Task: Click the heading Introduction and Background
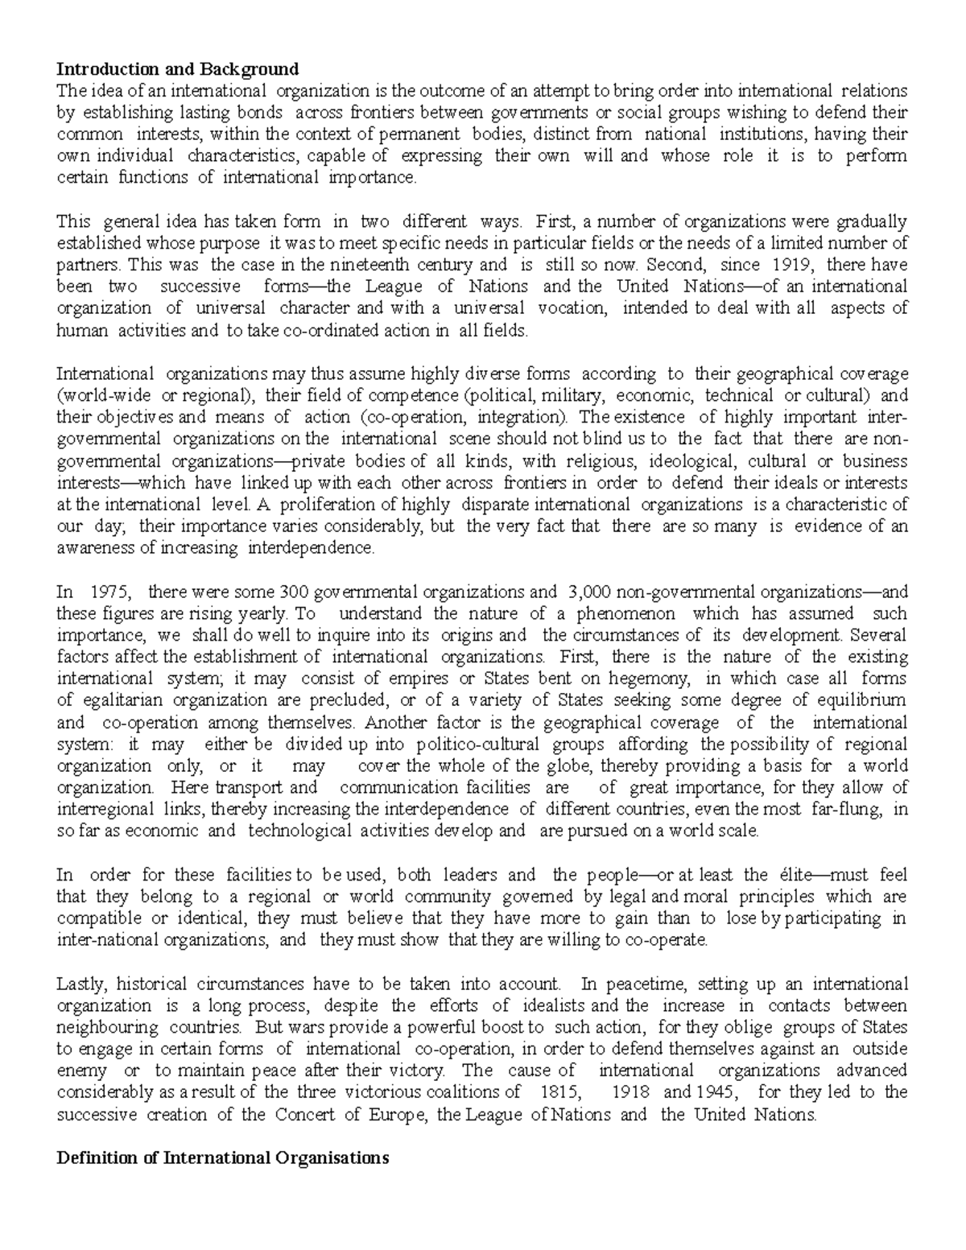177,68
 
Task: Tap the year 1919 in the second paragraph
794,264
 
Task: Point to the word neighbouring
107,1027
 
